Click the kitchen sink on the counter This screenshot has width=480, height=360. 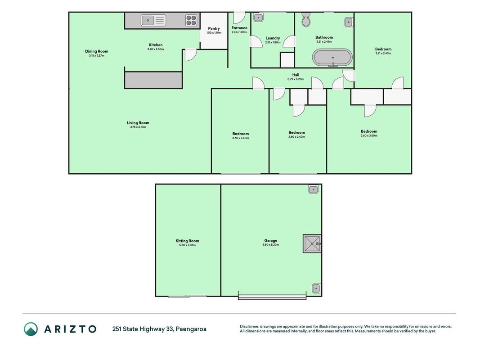click(153, 21)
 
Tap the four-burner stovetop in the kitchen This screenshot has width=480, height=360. click(191, 21)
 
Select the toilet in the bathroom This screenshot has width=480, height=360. click(306, 20)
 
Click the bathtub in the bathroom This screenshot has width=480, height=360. click(332, 57)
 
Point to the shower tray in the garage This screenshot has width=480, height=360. click(312, 243)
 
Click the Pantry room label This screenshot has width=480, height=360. click(214, 28)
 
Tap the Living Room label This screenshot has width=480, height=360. click(138, 123)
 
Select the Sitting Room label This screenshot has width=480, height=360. click(187, 241)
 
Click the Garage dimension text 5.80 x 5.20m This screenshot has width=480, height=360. click(271, 245)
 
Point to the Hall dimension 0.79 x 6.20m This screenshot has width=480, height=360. click(296, 79)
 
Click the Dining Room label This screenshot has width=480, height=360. click(96, 51)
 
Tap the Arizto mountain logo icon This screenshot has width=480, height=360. click(31, 329)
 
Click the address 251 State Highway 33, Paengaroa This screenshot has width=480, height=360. click(159, 329)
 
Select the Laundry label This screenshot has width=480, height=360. click(273, 38)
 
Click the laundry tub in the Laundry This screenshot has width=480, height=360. click(258, 18)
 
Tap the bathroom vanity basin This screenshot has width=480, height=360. click(349, 22)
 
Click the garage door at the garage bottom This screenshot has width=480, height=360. click(272, 297)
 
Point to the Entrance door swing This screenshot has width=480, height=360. click(239, 18)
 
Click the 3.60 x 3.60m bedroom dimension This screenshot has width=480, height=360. click(369, 135)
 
